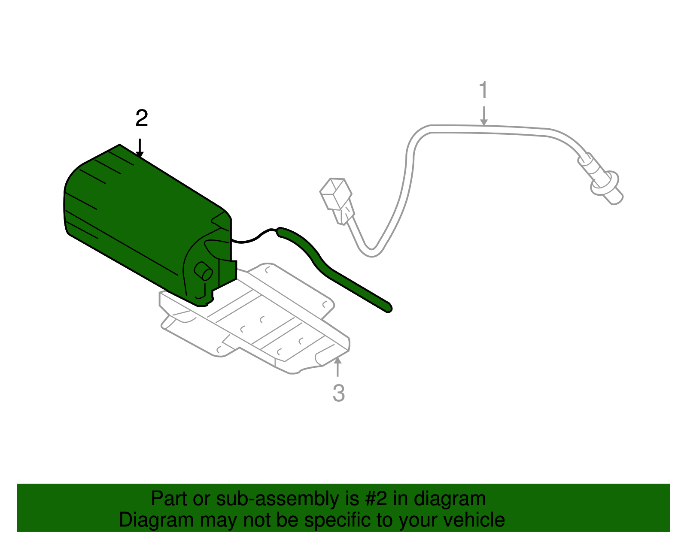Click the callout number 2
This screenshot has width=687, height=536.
click(x=142, y=118)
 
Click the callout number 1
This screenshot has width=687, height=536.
click(x=483, y=90)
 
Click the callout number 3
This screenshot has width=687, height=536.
click(x=338, y=393)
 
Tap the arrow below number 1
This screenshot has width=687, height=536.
click(x=484, y=116)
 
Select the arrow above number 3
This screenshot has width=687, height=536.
click(x=338, y=367)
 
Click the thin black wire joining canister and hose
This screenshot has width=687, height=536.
click(x=253, y=238)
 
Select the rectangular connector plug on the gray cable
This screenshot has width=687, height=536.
click(x=336, y=194)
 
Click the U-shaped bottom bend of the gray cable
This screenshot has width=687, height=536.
click(x=371, y=252)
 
